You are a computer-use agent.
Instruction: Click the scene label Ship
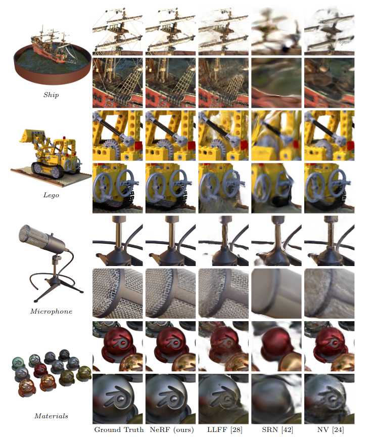pyautogui.click(x=51, y=95)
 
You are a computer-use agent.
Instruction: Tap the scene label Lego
pyautogui.click(x=51, y=195)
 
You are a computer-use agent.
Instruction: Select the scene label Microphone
pyautogui.click(x=51, y=311)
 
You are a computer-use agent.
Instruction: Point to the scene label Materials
pyautogui.click(x=51, y=416)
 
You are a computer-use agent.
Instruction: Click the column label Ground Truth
pyautogui.click(x=119, y=429)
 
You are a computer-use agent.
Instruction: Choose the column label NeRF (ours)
pyautogui.click(x=172, y=429)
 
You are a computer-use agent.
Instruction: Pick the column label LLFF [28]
pyautogui.click(x=225, y=429)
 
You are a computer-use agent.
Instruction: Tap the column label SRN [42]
pyautogui.click(x=277, y=429)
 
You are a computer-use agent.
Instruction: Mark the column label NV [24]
pyautogui.click(x=330, y=429)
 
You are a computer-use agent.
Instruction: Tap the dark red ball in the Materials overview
pyautogui.click(x=40, y=370)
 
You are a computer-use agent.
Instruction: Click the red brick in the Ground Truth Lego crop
pyautogui.click(x=138, y=146)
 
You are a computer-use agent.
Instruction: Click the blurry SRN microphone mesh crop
pyautogui.click(x=276, y=293)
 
